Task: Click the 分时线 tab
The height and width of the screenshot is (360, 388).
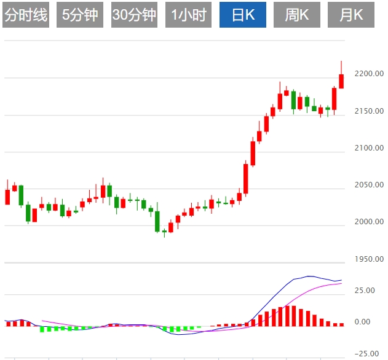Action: pos(25,15)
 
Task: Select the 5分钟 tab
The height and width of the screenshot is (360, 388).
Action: pos(80,15)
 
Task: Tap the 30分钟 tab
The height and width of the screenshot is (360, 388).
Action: pos(135,15)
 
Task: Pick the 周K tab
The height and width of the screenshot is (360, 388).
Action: pos(296,15)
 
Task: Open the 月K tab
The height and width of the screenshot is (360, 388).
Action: pos(352,15)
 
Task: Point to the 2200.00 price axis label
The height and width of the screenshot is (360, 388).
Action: pos(369,74)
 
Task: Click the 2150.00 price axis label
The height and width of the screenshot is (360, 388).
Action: pos(369,111)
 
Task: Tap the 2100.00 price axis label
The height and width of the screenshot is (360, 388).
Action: pos(369,148)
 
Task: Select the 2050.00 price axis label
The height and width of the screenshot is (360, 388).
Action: pos(369,185)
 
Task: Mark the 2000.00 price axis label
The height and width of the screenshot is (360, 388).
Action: pos(369,222)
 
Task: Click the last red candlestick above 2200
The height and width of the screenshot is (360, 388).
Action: pos(341,81)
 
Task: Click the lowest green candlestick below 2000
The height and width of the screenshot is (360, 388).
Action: pos(157,221)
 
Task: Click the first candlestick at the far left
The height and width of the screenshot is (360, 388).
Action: pos(7,197)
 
